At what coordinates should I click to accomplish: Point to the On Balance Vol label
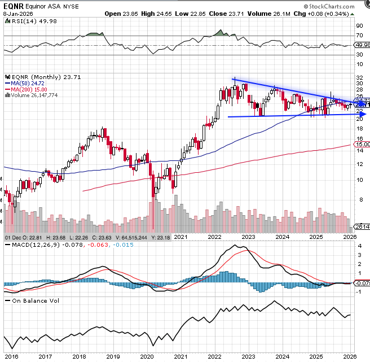(x=33, y=301)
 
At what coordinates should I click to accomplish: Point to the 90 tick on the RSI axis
(x=359, y=25)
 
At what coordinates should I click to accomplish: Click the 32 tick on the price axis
(x=359, y=78)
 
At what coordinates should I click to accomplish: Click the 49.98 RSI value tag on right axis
(x=362, y=45)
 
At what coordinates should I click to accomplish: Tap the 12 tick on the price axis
(x=359, y=164)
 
